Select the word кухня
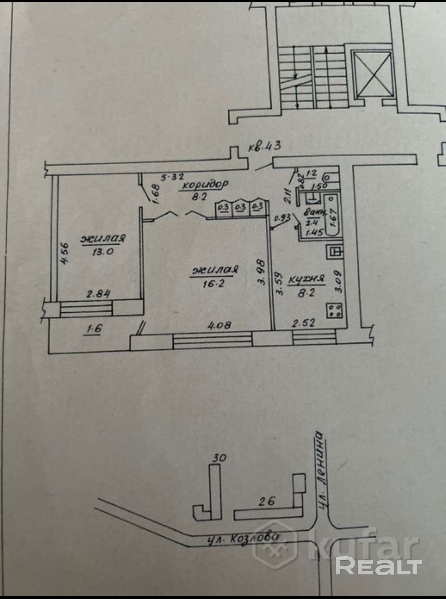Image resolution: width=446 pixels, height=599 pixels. (306, 279)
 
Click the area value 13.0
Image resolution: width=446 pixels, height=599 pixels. (103, 251)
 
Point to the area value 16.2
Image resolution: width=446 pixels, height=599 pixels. (213, 283)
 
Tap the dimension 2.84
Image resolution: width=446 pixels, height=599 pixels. (98, 294)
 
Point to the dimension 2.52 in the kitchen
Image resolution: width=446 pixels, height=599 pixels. (304, 323)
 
